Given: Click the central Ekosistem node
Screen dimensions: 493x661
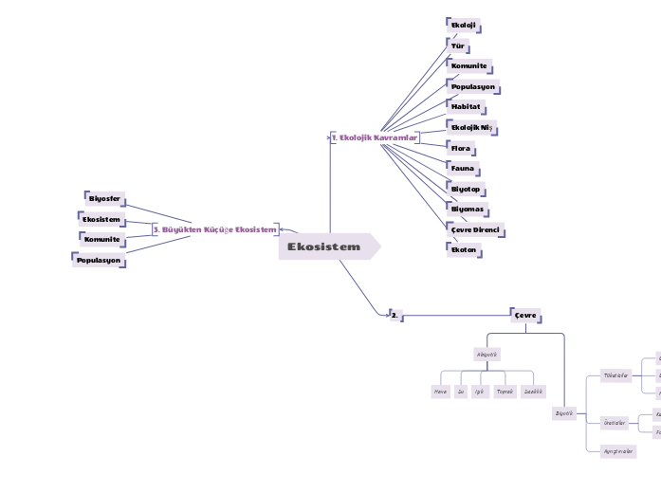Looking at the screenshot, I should tap(324, 247).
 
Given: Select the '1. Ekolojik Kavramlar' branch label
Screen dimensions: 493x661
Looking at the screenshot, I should tap(375, 138).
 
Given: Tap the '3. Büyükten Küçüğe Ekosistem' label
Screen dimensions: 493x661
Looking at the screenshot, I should tap(215, 229).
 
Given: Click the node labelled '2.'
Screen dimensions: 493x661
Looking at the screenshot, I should tap(395, 315).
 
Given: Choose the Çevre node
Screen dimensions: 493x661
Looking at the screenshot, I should tap(525, 315).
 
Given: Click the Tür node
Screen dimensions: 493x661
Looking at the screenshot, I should tap(458, 45).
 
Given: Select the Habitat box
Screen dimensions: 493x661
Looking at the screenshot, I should tap(466, 107).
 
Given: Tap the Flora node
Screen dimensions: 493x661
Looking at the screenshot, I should tap(461, 149).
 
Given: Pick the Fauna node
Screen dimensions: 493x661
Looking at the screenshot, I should tap(463, 169).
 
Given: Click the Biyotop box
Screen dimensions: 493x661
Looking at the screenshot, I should tap(466, 190).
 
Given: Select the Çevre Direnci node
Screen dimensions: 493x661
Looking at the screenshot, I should tap(475, 230).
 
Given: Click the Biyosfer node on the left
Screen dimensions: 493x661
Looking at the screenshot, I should tap(104, 199).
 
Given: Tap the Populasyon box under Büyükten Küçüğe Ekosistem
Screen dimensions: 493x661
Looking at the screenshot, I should tap(100, 260).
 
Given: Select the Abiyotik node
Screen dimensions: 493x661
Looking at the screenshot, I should tap(487, 355).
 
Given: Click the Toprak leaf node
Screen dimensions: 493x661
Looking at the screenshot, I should tap(505, 392).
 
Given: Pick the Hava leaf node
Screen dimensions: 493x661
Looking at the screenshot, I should tap(440, 392).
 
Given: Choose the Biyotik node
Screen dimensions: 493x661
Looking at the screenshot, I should tap(563, 413).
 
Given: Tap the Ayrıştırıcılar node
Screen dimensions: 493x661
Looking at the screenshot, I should tap(618, 451).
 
